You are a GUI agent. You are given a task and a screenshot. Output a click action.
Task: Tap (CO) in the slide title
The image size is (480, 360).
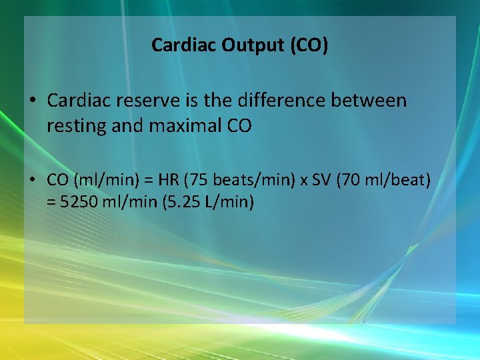point(306,45)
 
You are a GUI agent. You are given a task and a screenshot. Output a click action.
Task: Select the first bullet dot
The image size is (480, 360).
point(32,101)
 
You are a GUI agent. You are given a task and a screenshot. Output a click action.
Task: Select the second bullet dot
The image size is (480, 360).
point(32,180)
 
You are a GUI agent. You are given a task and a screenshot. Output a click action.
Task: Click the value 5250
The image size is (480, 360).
point(78,202)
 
